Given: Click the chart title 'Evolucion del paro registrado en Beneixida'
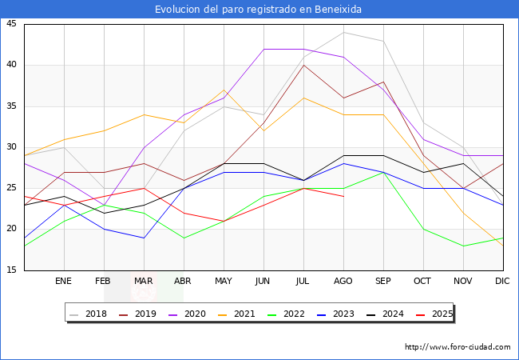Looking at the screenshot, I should [x=259, y=10].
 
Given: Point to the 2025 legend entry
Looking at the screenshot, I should [x=438, y=314].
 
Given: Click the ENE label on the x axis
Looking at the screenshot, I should [x=64, y=282].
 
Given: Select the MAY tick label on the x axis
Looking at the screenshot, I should [x=224, y=282].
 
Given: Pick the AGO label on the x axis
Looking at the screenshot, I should [x=343, y=282].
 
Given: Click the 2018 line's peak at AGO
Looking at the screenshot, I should [x=343, y=32].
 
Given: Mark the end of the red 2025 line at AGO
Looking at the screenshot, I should [x=343, y=196].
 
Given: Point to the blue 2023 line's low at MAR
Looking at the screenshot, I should [x=144, y=238].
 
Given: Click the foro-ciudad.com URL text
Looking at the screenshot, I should [x=458, y=347].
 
